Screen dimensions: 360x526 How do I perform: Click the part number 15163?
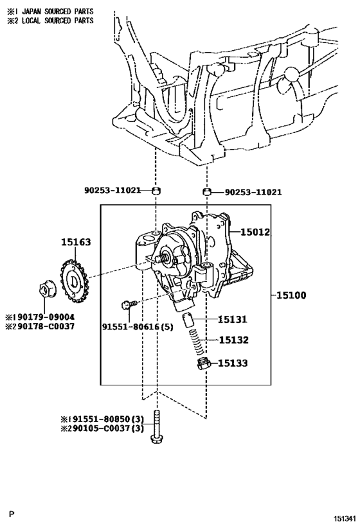click(x=76, y=242)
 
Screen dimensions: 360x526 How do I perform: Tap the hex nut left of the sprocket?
click(x=44, y=289)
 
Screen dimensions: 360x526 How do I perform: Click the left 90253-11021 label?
click(x=112, y=190)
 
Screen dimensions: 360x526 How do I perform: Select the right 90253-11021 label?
click(x=253, y=192)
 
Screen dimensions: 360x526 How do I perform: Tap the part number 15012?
click(x=255, y=232)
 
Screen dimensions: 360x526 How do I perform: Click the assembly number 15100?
click(x=291, y=295)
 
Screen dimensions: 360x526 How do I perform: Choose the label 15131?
click(x=232, y=319)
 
